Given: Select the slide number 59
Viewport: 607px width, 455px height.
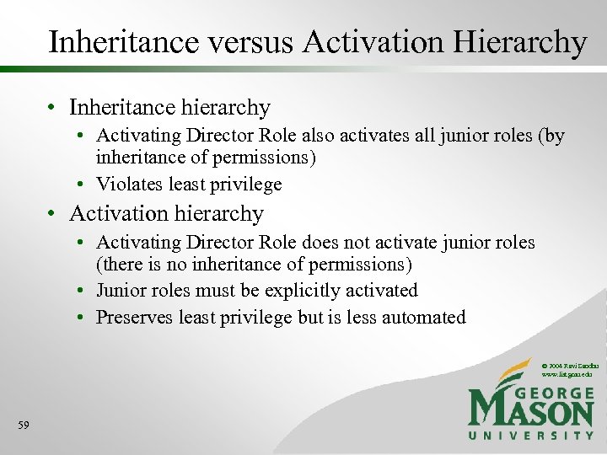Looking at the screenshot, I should tap(23, 426).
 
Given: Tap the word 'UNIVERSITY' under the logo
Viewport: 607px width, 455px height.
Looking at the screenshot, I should tap(531, 435).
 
